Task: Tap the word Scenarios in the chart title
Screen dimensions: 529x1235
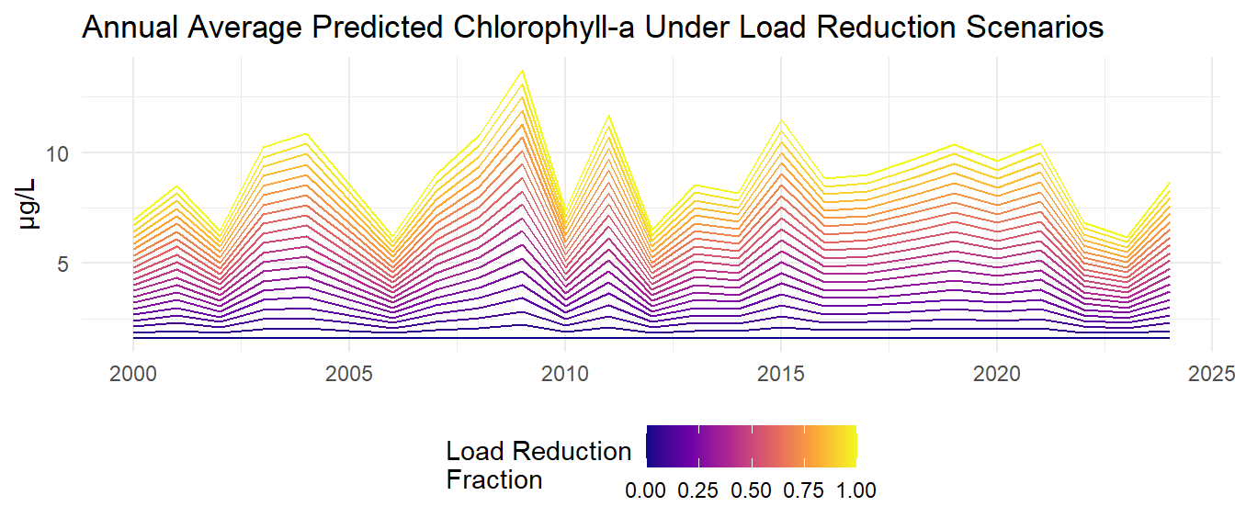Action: point(1019,28)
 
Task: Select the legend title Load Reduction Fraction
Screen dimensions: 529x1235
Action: point(538,465)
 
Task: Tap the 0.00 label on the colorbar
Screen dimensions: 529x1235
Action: point(646,490)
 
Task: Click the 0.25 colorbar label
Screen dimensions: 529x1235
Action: point(698,490)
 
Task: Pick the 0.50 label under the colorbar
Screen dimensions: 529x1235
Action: point(751,490)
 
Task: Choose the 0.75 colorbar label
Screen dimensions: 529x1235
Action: point(804,490)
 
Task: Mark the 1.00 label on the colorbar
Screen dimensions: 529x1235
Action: point(855,490)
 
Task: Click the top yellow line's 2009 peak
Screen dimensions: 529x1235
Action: point(522,70)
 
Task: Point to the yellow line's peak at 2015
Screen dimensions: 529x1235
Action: point(781,120)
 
